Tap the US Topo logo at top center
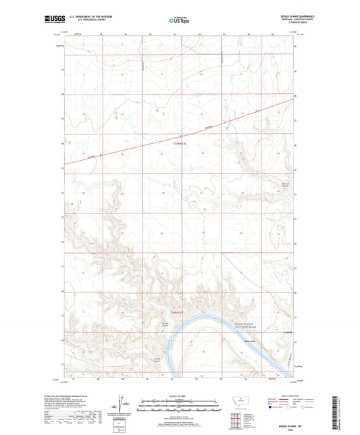pyautogui.click(x=179, y=21)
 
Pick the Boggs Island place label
pyautogui.click(x=249, y=342)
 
